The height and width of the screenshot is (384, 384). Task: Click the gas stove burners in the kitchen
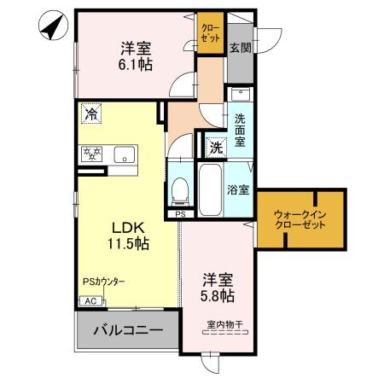(x=91, y=154)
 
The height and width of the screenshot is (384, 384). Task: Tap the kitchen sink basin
(x=124, y=155)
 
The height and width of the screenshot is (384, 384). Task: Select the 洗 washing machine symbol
(x=216, y=147)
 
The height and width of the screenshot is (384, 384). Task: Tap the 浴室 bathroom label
(x=239, y=190)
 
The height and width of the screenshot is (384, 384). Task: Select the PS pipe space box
(x=180, y=215)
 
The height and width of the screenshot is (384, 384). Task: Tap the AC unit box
(x=89, y=300)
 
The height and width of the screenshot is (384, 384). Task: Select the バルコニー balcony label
(x=128, y=329)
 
